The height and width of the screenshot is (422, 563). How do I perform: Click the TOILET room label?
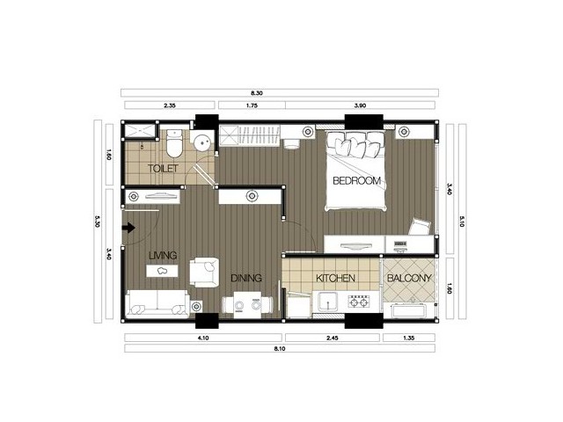tap(163, 168)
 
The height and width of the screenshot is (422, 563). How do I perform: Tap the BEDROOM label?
tap(356, 180)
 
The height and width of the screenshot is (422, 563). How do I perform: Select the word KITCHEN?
tap(335, 278)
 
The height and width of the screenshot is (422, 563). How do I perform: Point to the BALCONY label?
tap(409, 278)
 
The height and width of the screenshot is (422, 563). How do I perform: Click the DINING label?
tap(246, 278)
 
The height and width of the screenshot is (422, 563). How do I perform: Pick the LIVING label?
tap(163, 256)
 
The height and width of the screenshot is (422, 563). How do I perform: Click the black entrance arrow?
tap(128, 228)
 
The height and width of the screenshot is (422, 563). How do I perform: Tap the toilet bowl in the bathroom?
tap(175, 144)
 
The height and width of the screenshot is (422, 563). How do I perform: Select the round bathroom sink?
tap(203, 143)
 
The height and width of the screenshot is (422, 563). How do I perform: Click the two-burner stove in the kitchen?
tap(359, 302)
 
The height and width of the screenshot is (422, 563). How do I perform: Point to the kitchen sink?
tap(326, 302)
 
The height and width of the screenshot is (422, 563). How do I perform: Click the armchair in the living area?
tap(204, 272)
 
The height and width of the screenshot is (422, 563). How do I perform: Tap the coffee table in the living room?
tap(162, 271)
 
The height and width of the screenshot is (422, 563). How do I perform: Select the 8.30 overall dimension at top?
tap(257, 93)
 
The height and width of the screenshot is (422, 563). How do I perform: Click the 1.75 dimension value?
tap(252, 105)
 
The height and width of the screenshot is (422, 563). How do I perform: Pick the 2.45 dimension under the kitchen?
tap(333, 338)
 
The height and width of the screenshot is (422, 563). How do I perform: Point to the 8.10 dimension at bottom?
tap(280, 348)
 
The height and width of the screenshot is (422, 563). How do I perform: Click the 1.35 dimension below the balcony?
tap(409, 338)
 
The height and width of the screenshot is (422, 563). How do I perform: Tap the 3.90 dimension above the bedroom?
tap(360, 105)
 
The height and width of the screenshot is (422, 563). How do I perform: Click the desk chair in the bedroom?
tap(420, 227)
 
